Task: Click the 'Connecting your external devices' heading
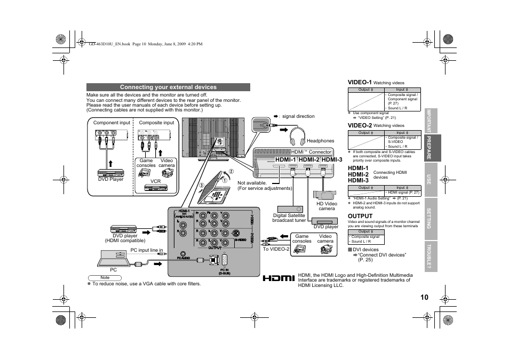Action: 168,87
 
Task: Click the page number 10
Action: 424,297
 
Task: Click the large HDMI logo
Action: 279,279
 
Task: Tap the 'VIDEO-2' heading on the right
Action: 360,125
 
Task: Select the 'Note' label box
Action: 105,278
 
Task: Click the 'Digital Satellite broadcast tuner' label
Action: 289,218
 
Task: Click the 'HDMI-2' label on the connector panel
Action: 309,160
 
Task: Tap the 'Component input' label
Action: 112,123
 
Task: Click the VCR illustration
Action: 155,188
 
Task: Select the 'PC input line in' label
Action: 147,250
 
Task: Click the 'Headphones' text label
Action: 320,141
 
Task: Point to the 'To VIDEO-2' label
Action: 276,249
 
